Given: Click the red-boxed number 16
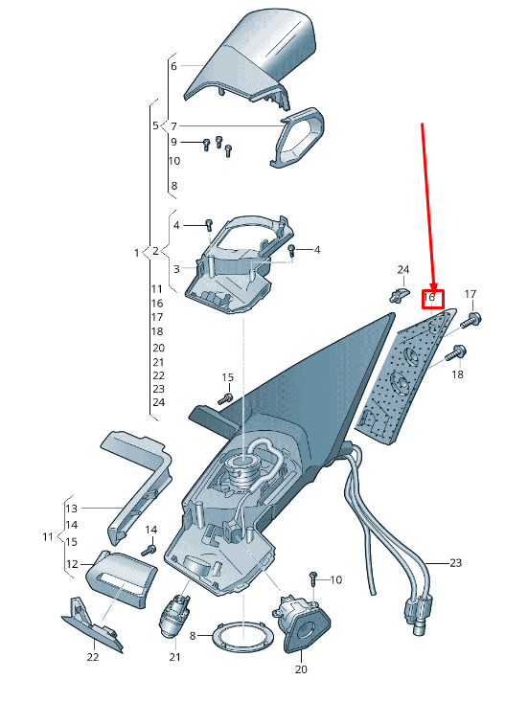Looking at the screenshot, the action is click(x=429, y=297).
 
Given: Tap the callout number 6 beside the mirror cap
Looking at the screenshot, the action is click(x=173, y=66).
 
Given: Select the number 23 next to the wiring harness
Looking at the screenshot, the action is click(x=455, y=563).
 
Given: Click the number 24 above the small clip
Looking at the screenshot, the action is click(x=403, y=269).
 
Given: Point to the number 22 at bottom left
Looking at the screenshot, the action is click(x=93, y=657).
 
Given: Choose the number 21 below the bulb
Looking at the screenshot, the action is click(x=174, y=657).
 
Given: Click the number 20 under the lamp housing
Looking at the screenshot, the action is click(x=302, y=669).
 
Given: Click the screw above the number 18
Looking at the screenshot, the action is click(x=454, y=352).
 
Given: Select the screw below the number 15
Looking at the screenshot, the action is click(x=226, y=398).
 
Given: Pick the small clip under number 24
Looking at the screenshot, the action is click(x=398, y=295).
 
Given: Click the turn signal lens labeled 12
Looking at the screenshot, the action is click(x=121, y=578).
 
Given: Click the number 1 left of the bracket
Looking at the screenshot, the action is click(x=137, y=253).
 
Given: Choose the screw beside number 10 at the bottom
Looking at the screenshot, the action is click(x=313, y=578).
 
